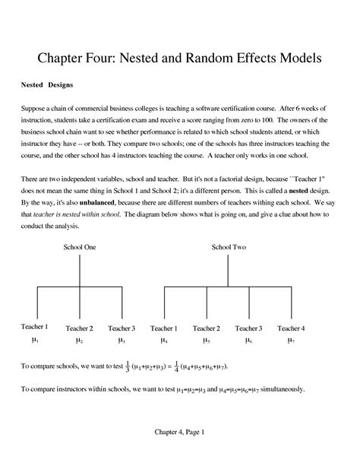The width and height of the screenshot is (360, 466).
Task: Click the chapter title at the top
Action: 180,57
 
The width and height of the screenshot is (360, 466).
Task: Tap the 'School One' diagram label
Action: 79,247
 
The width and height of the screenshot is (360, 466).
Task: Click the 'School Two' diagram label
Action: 229,247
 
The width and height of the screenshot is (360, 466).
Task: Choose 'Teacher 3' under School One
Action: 121,328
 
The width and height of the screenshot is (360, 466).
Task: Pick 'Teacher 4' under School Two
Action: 291,328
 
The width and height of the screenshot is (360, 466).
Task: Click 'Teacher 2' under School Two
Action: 206,328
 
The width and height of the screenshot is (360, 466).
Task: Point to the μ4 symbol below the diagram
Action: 163,341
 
